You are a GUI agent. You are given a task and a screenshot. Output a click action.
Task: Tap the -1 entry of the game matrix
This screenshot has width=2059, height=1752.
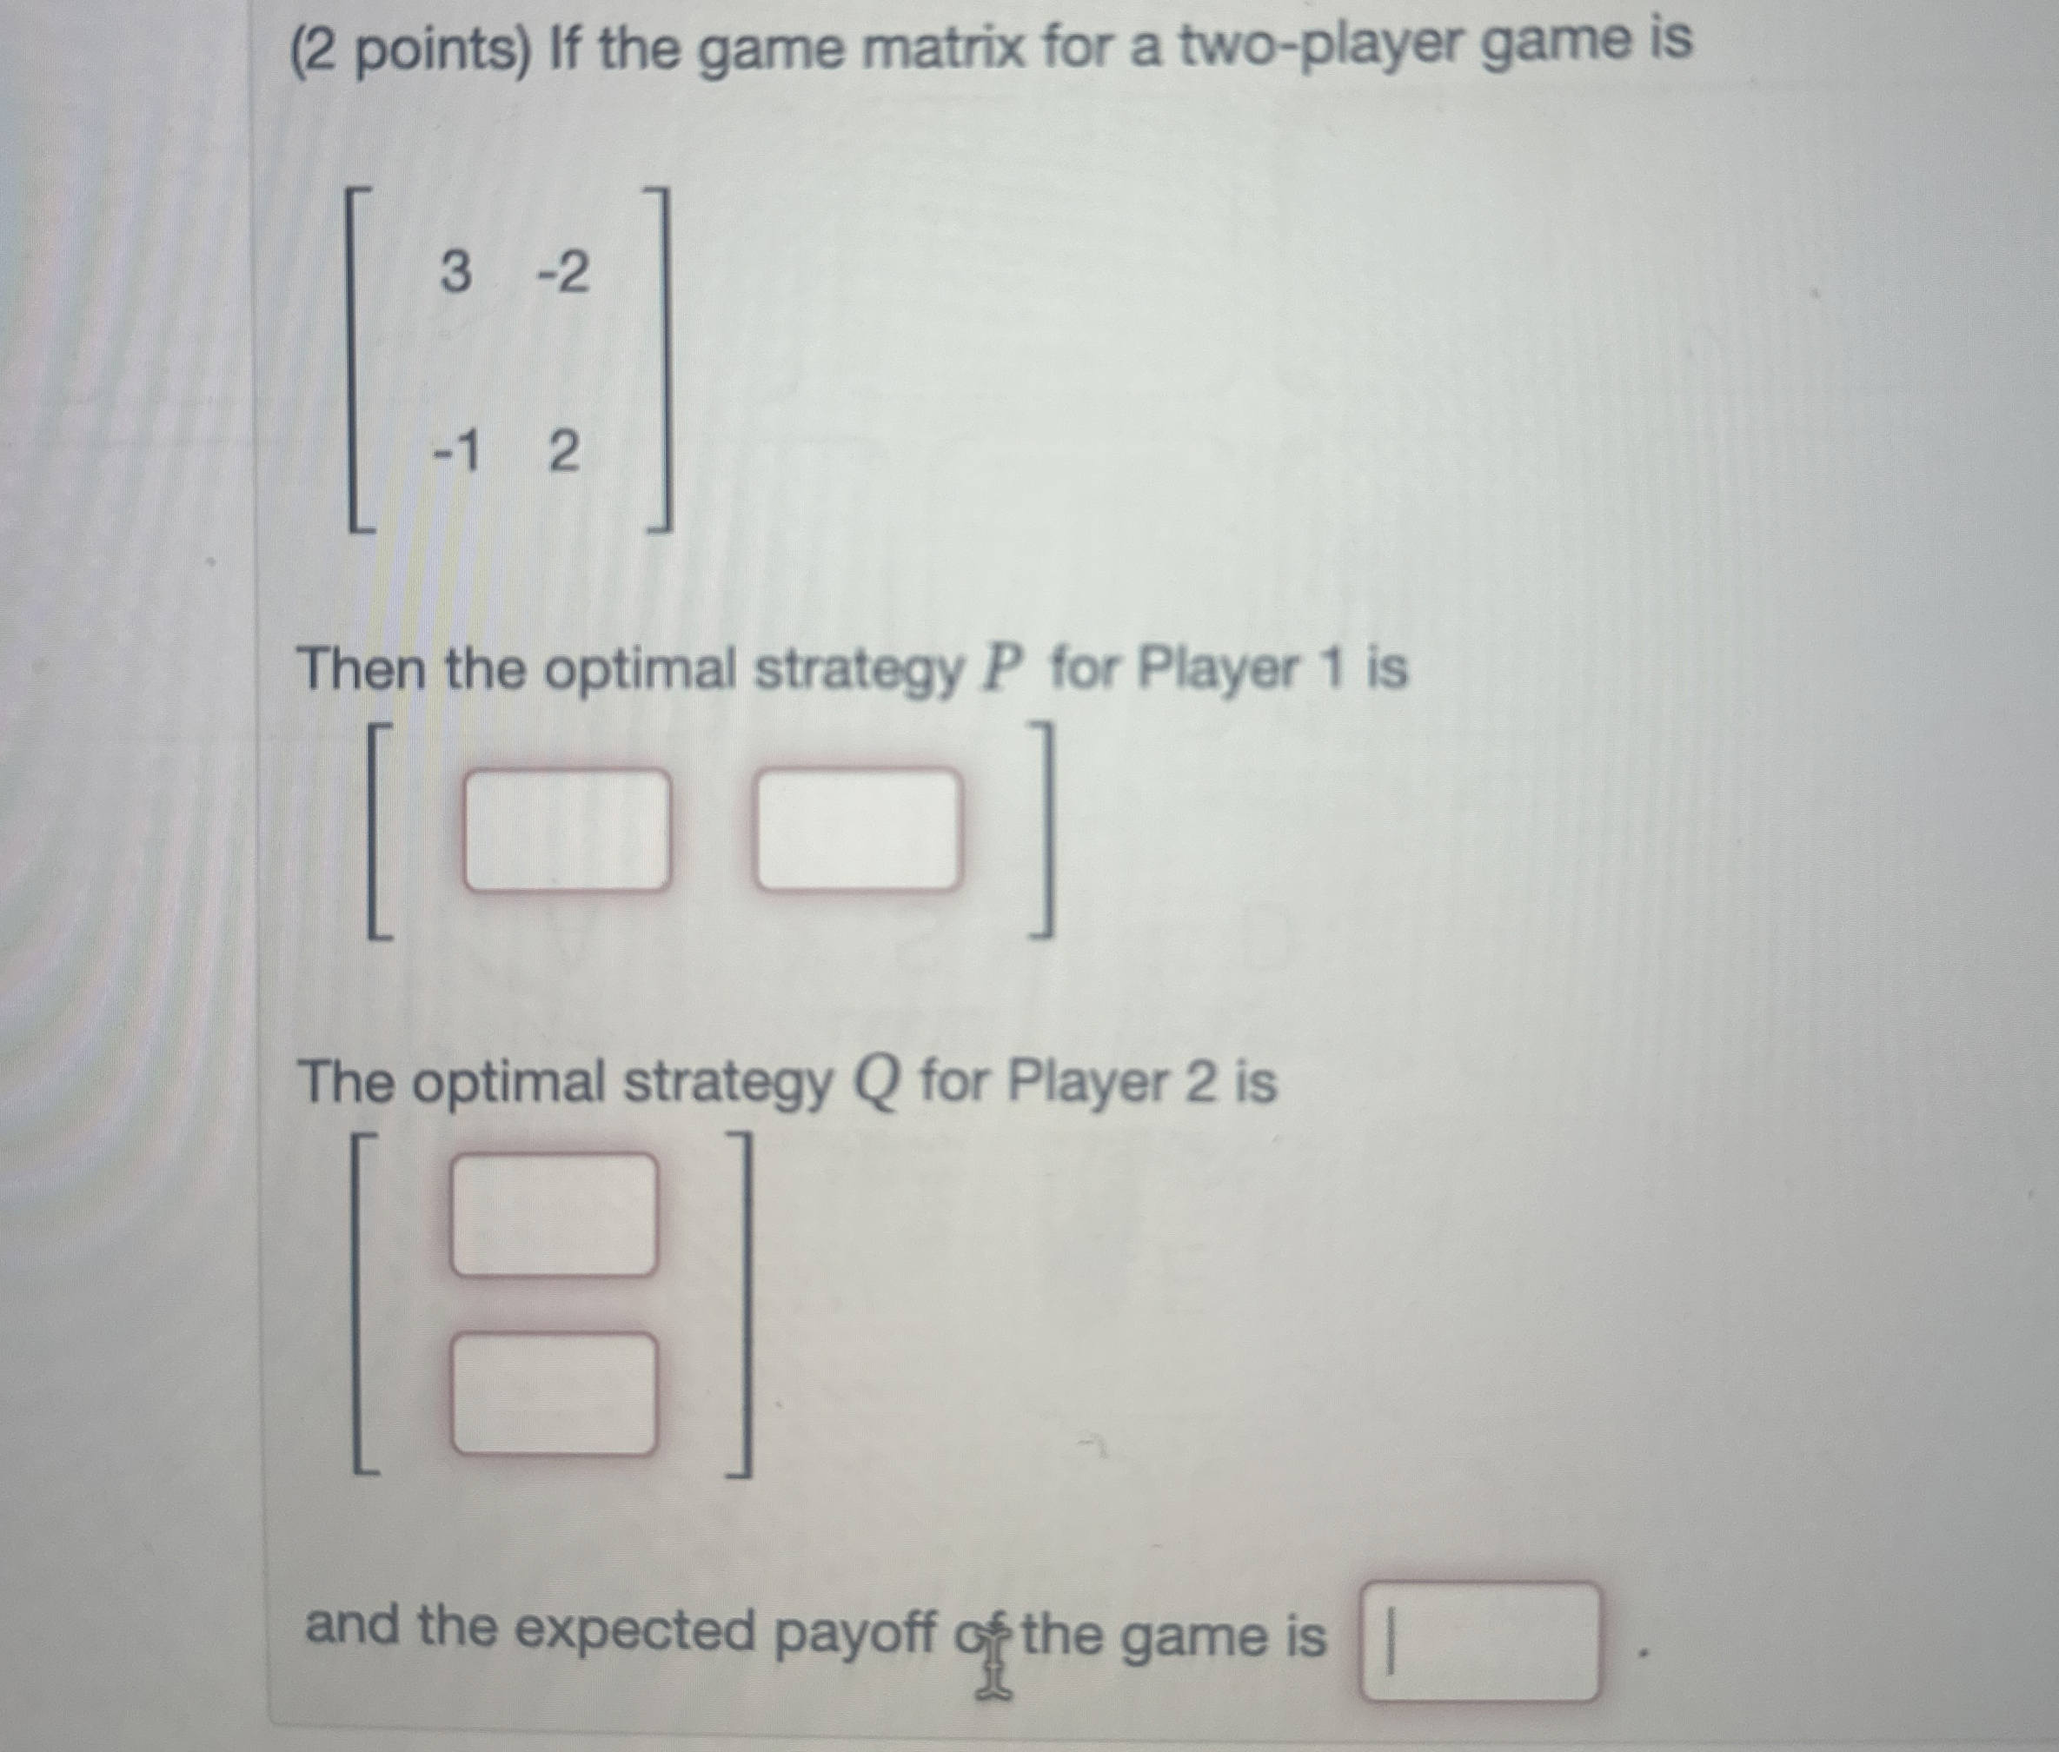pyautogui.click(x=456, y=453)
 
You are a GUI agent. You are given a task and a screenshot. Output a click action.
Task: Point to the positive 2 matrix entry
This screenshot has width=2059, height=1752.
pyautogui.click(x=562, y=454)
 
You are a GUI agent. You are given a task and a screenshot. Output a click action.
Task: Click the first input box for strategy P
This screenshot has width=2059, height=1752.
pyautogui.click(x=566, y=830)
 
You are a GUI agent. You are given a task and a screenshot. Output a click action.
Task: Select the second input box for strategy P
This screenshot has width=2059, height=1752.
pyautogui.click(x=858, y=830)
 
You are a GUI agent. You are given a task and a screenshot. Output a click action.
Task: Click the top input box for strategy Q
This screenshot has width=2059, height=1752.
pyautogui.click(x=554, y=1214)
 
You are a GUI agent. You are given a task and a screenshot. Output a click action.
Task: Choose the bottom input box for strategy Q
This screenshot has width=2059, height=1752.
pyautogui.click(x=554, y=1393)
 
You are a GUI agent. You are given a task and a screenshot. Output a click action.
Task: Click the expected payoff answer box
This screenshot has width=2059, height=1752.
pyautogui.click(x=1481, y=1642)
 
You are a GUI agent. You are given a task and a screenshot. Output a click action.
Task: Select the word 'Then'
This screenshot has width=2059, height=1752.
pyautogui.click(x=360, y=669)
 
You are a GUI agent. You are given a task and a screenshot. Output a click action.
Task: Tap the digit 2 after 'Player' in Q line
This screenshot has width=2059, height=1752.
pyautogui.click(x=1199, y=1082)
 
